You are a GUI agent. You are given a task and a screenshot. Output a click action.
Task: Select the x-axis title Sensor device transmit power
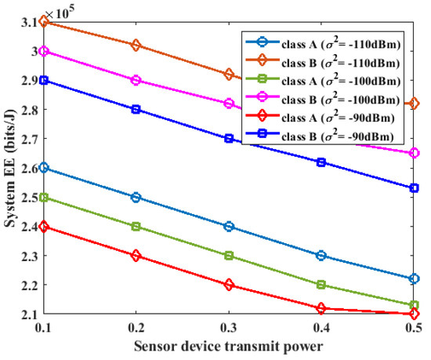point(229,346)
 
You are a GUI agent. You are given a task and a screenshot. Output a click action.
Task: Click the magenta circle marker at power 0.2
point(136,80)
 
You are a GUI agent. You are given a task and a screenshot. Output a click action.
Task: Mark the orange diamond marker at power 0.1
point(44,22)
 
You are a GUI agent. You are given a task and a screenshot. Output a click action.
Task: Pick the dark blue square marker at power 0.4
point(321,162)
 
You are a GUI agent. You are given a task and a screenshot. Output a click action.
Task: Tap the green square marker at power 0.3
point(229,256)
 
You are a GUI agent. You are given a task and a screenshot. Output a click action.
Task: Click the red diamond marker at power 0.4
point(321,308)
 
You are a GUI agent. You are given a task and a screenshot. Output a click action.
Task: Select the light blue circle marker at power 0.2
point(136,197)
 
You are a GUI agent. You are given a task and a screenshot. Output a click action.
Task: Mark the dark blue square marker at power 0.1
point(44,80)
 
